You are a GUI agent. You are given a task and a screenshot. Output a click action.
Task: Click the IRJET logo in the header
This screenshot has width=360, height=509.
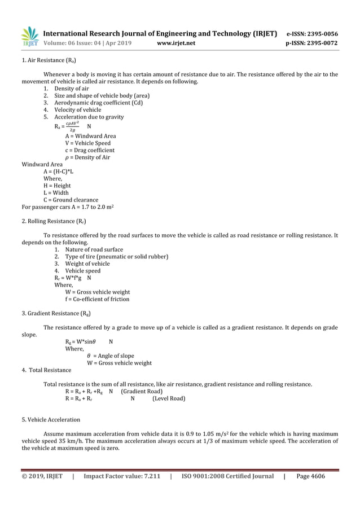[29, 37]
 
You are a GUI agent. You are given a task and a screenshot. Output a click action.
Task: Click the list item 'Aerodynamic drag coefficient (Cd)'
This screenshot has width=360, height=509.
[98, 103]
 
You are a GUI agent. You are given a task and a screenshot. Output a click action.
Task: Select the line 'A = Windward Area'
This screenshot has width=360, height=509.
[90, 136]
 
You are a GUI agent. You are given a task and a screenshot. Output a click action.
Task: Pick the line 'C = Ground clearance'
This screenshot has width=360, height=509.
[71, 200]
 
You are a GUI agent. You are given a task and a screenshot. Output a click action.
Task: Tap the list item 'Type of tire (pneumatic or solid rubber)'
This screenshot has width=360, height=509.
[116, 257]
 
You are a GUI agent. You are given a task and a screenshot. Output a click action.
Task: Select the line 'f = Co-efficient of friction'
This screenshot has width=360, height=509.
[97, 299]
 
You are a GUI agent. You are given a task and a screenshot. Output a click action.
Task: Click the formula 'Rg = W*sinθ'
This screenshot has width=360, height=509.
[81, 341]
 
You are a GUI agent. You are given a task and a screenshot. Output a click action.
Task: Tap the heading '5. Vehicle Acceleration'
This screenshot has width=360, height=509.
[51, 420]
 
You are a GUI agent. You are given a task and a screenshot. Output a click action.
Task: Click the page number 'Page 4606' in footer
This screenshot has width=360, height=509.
[310, 476]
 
